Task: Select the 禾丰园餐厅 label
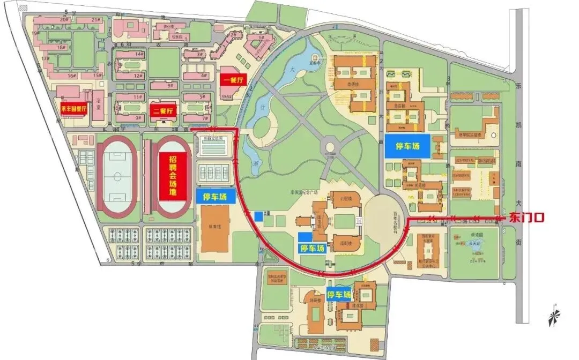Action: (73, 108)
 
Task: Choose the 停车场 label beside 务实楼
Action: (407, 146)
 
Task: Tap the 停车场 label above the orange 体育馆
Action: (219, 197)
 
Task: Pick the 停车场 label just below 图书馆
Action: (312, 249)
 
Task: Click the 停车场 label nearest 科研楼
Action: (340, 295)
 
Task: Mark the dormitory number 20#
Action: (64, 19)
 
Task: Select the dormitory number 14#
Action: (139, 54)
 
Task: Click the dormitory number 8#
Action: (170, 86)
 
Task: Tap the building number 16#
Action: (71, 76)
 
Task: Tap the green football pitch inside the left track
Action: (116, 175)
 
